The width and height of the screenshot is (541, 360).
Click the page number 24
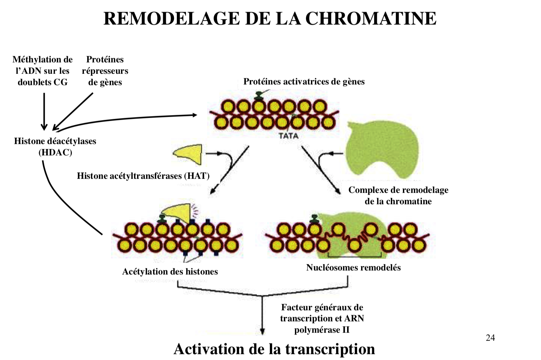point(490,338)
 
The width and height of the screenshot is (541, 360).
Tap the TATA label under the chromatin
point(288,136)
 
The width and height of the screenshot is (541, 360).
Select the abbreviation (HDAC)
point(55,153)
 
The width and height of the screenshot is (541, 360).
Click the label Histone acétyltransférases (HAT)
point(143,176)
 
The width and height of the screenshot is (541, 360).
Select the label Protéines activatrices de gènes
point(304,82)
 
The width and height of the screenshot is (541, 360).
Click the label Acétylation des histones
point(170,271)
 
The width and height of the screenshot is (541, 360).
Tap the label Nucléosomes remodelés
point(353,268)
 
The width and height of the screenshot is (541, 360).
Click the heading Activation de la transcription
point(274,349)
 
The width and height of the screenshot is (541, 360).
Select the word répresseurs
point(105,71)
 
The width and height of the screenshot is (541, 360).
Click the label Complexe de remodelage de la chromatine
point(398,196)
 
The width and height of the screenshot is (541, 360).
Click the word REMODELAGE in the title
point(172,18)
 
